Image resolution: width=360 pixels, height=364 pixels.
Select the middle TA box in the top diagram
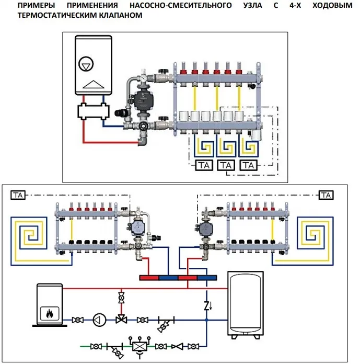click(x=226, y=166)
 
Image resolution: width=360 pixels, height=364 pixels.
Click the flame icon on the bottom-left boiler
click(x=50, y=314)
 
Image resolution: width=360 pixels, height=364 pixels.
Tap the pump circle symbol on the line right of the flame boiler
click(x=99, y=320)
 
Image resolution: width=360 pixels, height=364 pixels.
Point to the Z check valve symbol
click(x=207, y=303)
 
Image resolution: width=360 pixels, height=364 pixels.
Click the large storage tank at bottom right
click(x=248, y=304)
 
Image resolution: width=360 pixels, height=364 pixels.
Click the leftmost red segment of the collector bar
click(x=149, y=277)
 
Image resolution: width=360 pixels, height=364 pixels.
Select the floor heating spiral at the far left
click(x=31, y=233)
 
